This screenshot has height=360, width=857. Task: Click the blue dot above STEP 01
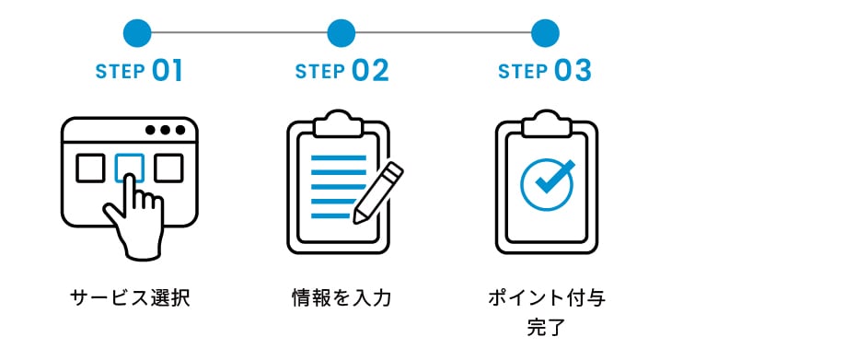point(137,33)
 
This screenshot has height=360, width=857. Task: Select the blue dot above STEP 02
point(341,33)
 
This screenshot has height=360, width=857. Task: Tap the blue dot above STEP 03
point(545,33)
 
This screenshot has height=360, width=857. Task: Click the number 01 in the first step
point(168,71)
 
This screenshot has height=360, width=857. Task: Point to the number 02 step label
point(369,71)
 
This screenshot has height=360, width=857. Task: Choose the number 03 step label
point(573,71)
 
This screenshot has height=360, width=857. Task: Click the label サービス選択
point(130,297)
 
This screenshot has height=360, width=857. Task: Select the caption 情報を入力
point(342,297)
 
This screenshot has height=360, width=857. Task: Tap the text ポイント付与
point(547,297)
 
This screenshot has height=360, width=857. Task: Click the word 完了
point(546,327)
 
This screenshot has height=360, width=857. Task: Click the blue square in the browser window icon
point(129,167)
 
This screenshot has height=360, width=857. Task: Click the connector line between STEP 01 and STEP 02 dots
point(239,33)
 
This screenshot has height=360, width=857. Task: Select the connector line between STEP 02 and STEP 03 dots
point(443,33)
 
